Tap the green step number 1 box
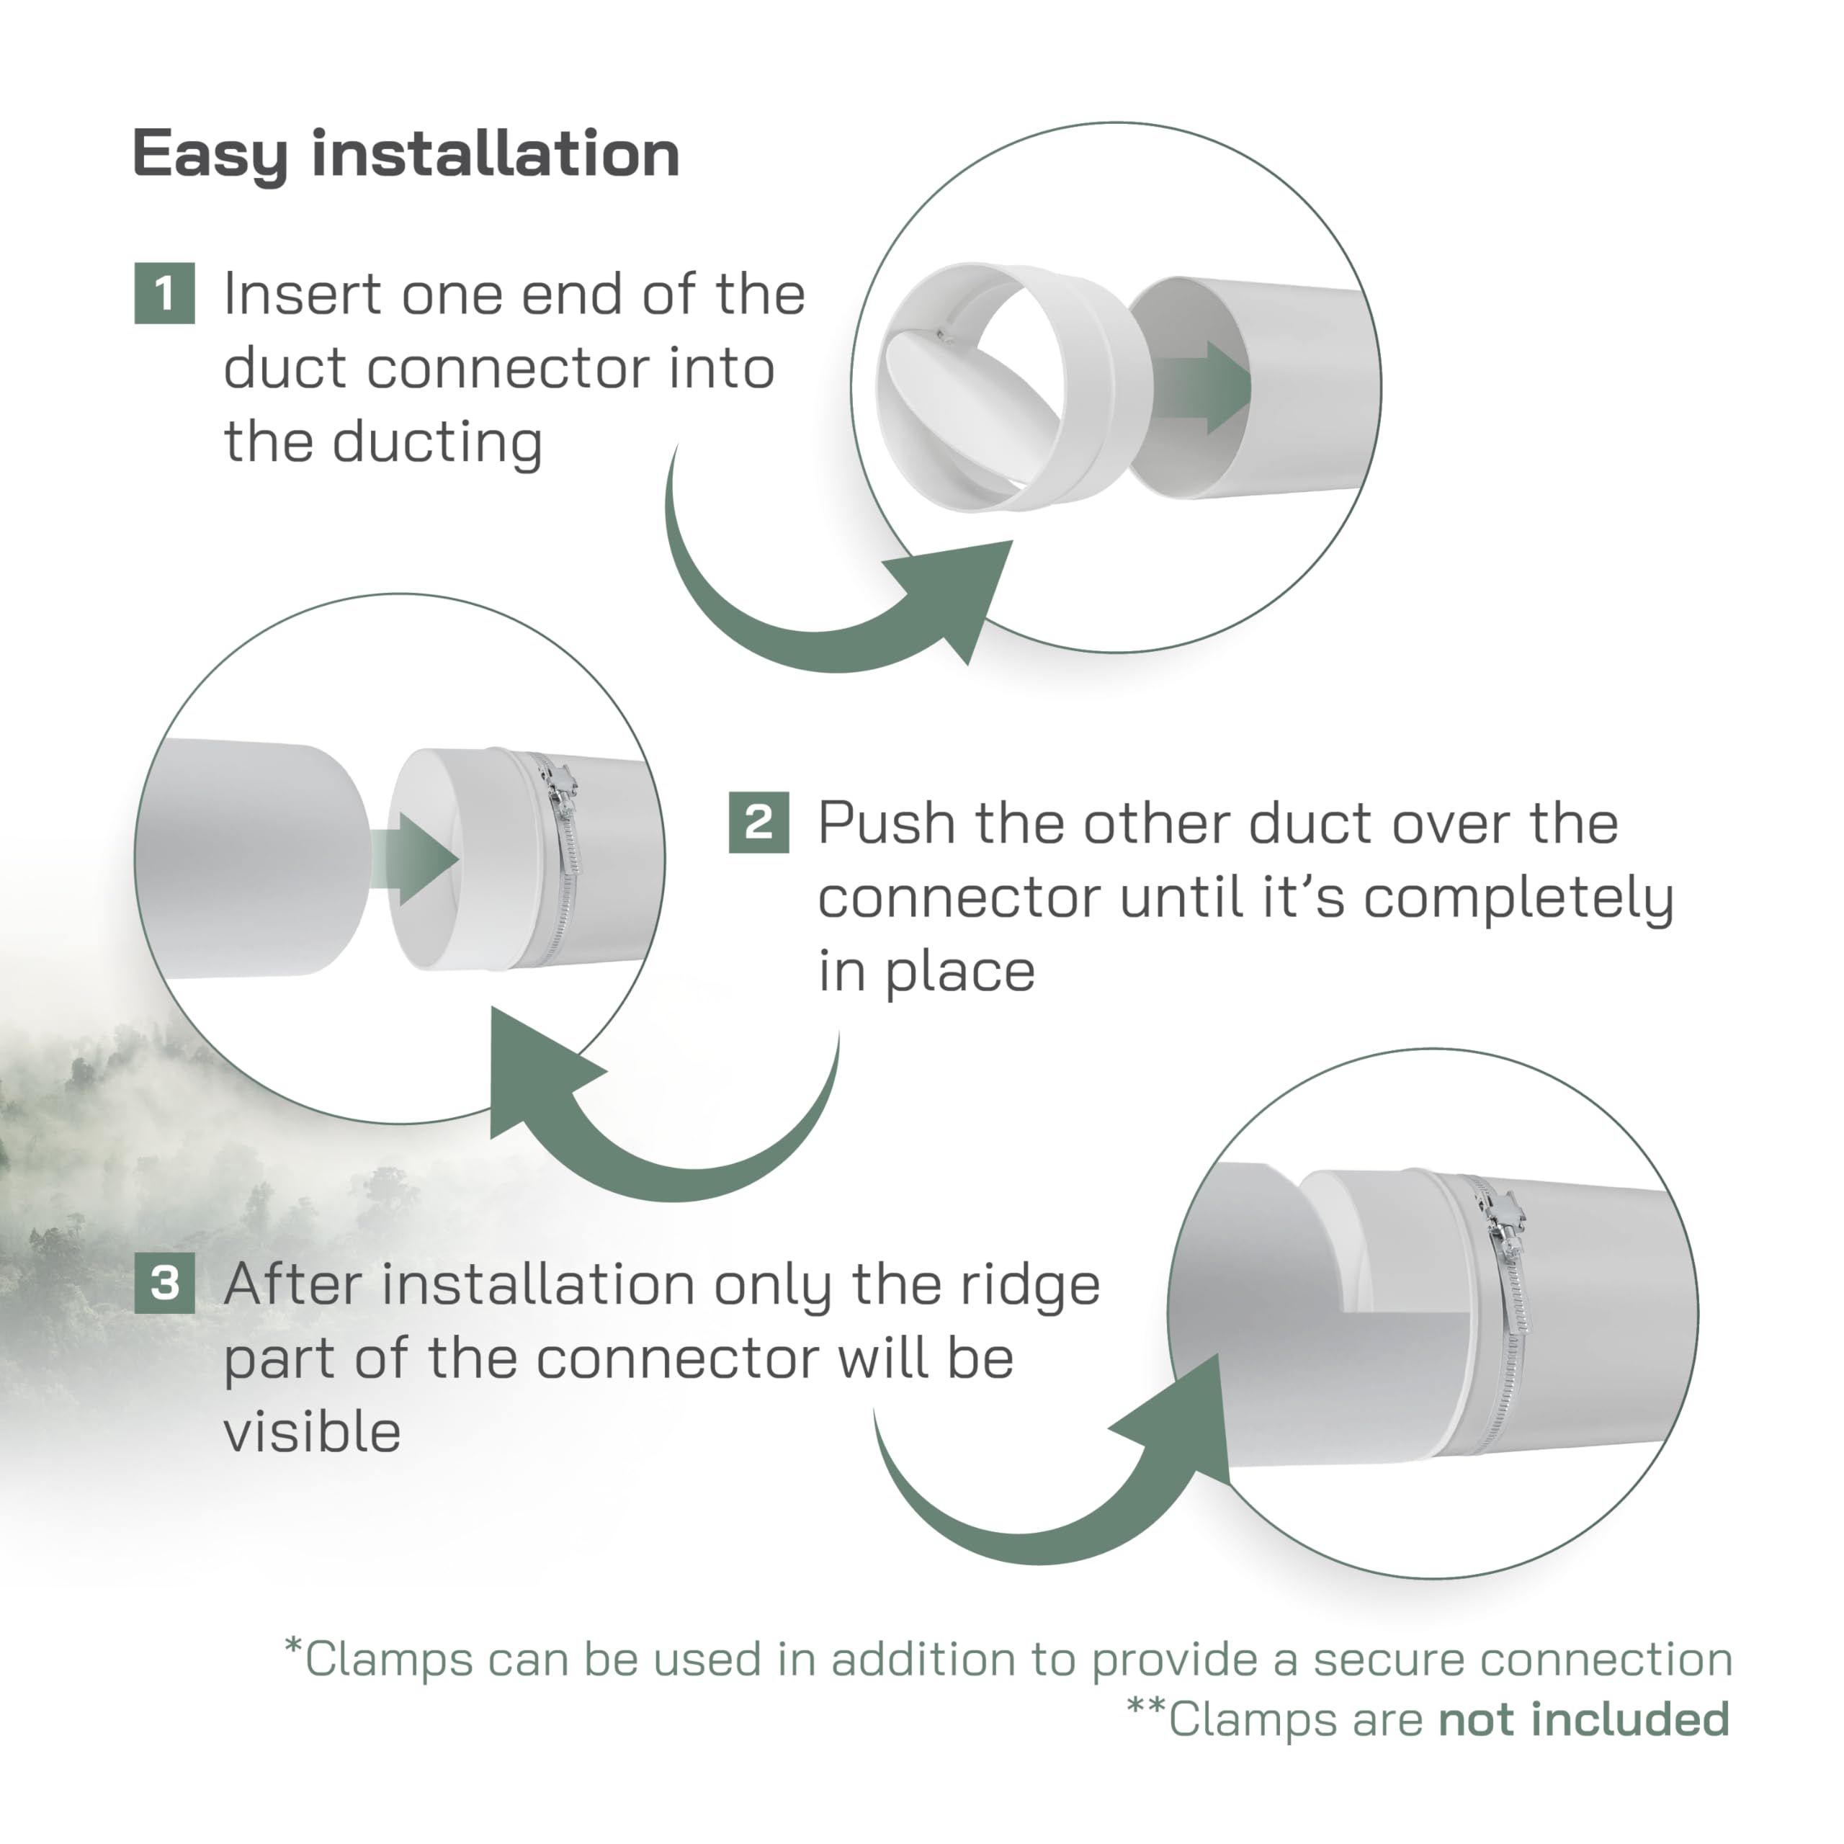(165, 294)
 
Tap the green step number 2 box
(758, 823)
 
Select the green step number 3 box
(165, 1284)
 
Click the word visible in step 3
(312, 1433)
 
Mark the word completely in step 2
(1518, 898)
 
